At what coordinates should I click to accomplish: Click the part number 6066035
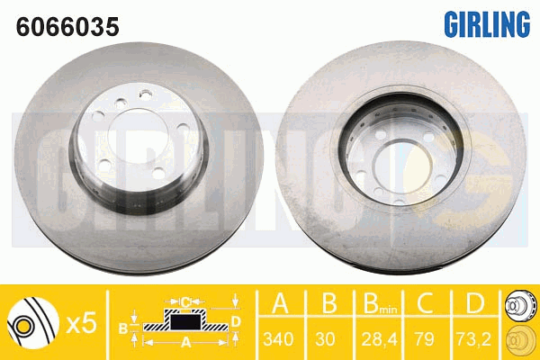point(67,27)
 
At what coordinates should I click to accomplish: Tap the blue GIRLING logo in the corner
point(487,24)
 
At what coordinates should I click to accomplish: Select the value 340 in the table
point(278,339)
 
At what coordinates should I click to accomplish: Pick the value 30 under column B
point(325,339)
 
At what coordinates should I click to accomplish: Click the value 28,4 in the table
point(379,339)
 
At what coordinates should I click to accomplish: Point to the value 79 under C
point(424,339)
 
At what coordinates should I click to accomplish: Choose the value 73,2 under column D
point(474,339)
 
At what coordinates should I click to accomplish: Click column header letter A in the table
point(280,302)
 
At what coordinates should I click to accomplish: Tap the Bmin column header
point(380,303)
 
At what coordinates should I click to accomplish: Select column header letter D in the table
point(475,302)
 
